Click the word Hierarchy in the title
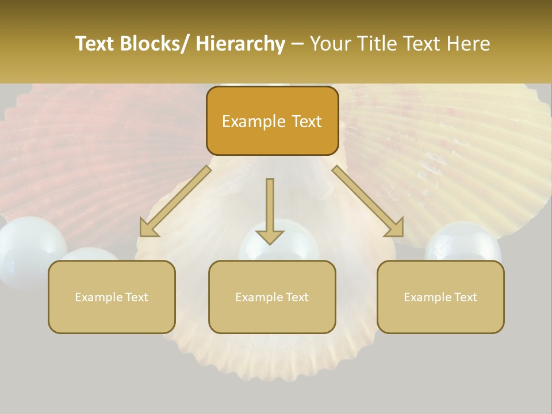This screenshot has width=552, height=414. (240, 44)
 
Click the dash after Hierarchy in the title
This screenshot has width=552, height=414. (297, 45)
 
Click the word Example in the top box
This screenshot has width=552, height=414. (246, 122)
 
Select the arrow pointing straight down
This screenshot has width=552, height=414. (270, 213)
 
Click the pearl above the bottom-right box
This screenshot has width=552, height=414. (463, 241)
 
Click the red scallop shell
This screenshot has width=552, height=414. (86, 155)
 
